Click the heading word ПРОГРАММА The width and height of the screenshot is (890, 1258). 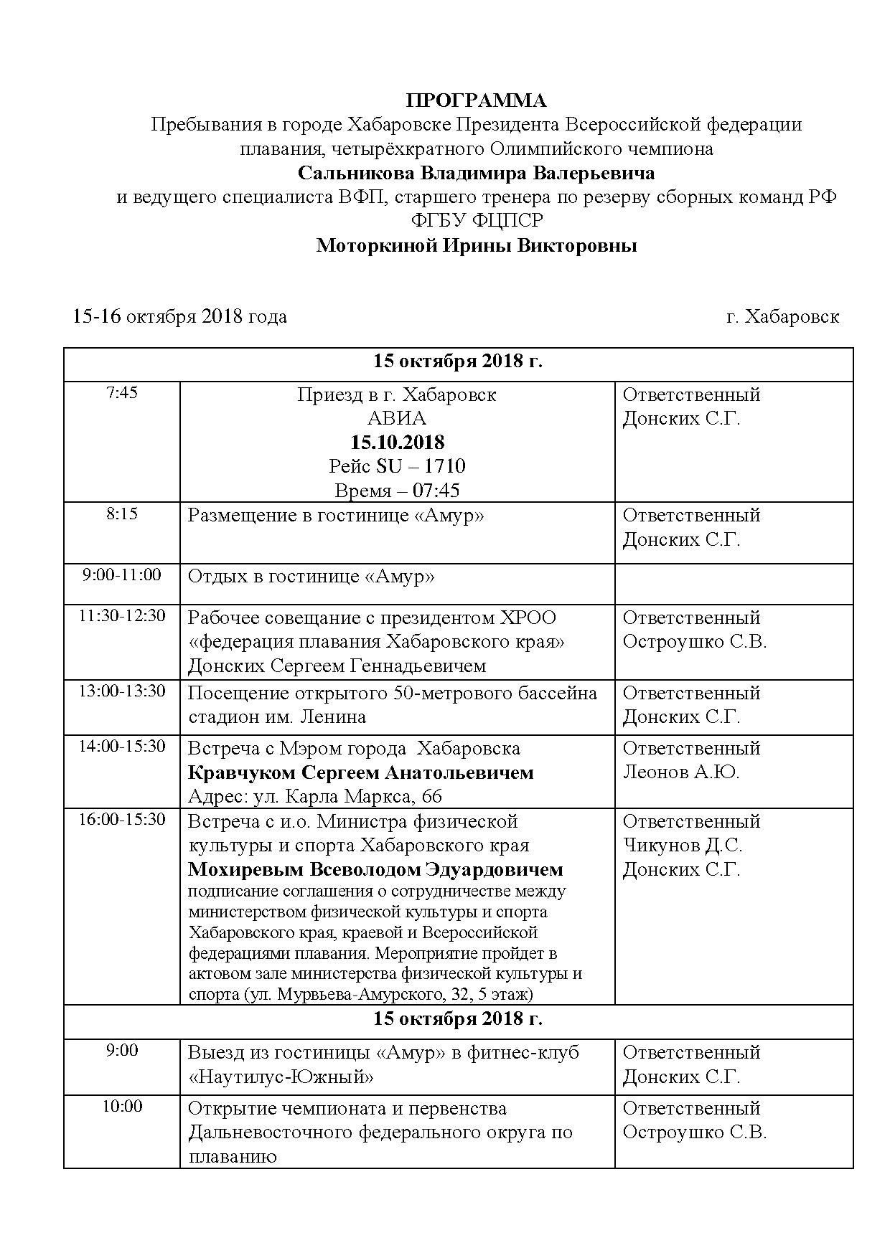tap(476, 100)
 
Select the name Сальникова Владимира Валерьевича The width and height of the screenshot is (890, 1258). tap(476, 173)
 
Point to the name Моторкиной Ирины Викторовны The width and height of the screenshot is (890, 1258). tap(477, 246)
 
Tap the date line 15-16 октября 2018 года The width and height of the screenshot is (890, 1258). tap(179, 316)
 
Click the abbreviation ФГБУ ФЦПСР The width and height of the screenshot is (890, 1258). tap(477, 221)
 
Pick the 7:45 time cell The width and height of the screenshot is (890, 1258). tap(121, 393)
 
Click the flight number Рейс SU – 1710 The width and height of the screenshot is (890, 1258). tap(397, 466)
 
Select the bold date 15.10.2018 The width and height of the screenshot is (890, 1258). tap(397, 442)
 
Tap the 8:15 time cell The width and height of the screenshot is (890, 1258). tap(121, 514)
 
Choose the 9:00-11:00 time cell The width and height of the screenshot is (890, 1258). tap(121, 575)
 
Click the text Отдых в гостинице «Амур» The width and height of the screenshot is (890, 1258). tap(311, 577)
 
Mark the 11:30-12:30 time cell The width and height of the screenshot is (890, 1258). tap(121, 616)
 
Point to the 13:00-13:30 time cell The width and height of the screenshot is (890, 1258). tap(121, 691)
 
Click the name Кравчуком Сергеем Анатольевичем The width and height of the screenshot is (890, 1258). tap(360, 772)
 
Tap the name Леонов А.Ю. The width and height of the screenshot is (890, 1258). tap(680, 772)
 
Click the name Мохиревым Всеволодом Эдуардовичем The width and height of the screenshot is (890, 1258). tap(375, 870)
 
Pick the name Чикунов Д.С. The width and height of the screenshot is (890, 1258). tap(682, 846)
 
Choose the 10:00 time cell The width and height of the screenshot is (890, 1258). tap(121, 1107)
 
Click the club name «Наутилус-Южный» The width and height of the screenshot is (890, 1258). tap(281, 1077)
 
